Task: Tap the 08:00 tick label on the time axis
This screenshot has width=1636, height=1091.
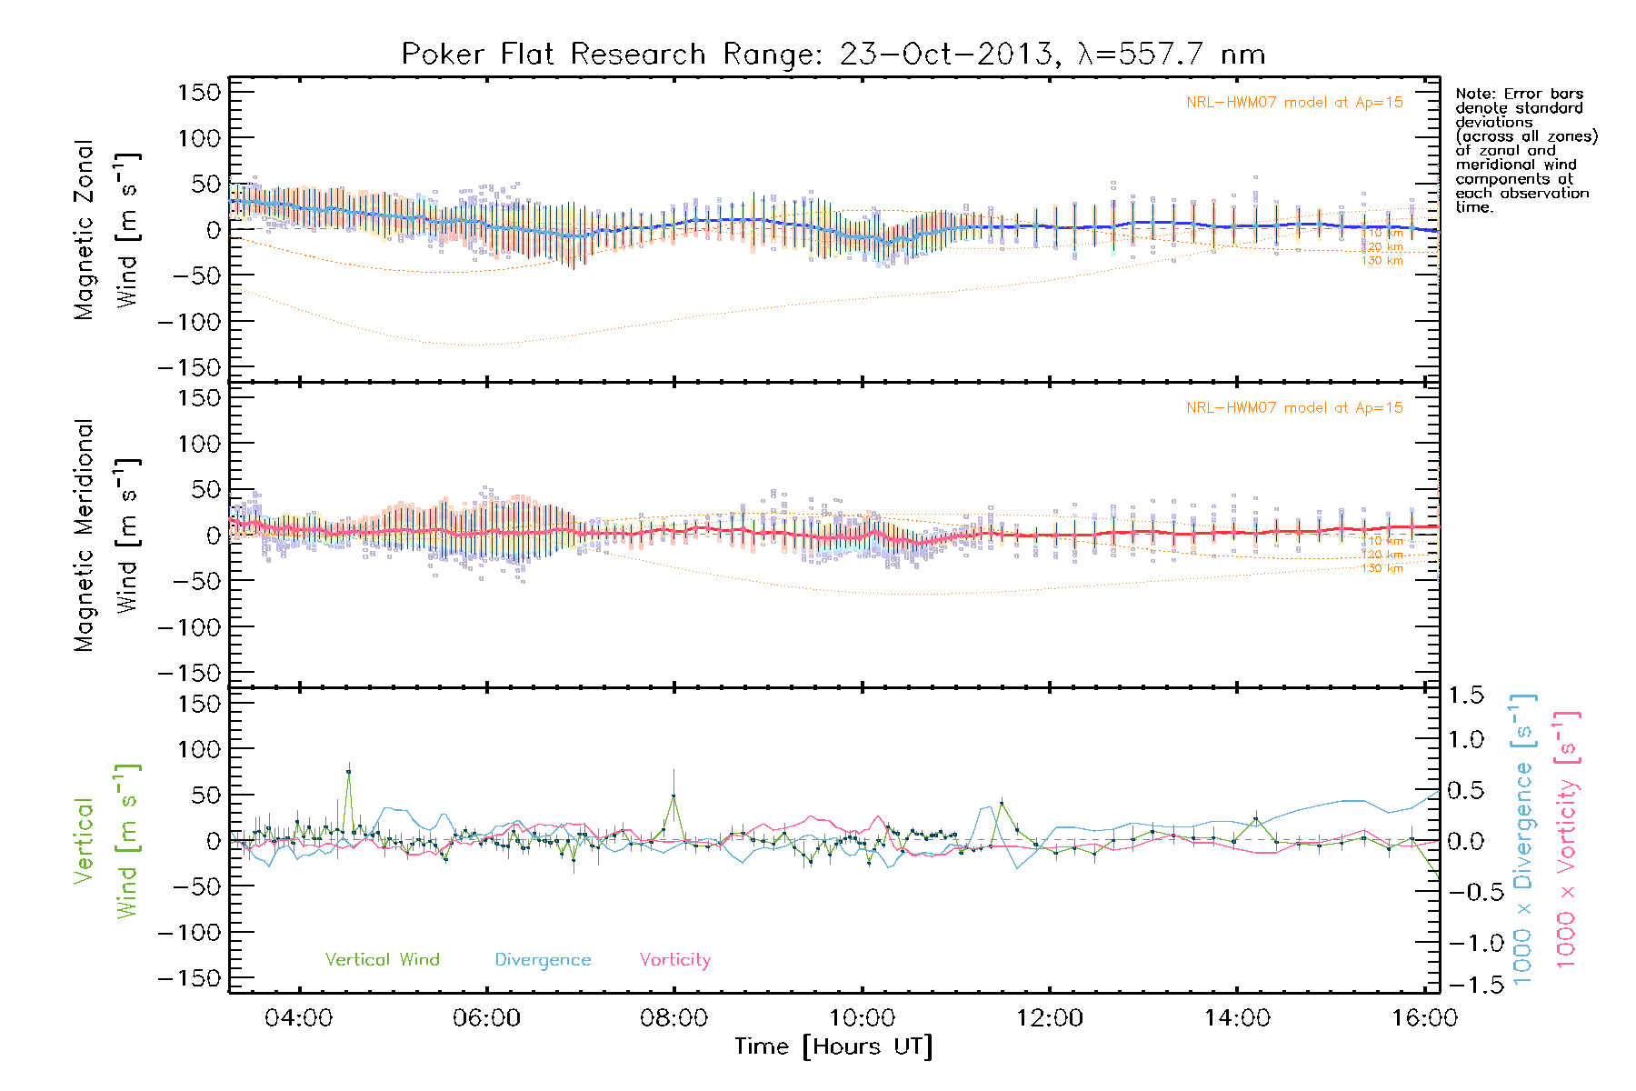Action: click(x=673, y=1017)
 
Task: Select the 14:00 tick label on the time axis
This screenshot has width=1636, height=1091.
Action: click(x=1237, y=1017)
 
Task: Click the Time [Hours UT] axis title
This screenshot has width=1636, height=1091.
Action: click(x=833, y=1046)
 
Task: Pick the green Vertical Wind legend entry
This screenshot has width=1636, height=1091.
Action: click(x=382, y=959)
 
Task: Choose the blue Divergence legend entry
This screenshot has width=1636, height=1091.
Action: click(x=543, y=959)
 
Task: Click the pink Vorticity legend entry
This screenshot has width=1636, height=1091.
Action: click(x=674, y=959)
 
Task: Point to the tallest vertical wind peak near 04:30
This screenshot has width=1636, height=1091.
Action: click(x=348, y=772)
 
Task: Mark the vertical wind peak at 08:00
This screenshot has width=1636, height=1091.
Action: click(x=673, y=796)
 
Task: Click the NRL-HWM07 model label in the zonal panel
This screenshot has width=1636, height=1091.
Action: click(x=1294, y=103)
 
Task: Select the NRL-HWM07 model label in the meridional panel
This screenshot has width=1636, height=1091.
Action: click(x=1294, y=408)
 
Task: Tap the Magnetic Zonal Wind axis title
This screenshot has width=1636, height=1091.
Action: click(x=107, y=229)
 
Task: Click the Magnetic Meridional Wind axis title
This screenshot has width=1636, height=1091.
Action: click(x=107, y=535)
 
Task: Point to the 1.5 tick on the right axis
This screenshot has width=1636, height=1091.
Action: click(x=1465, y=696)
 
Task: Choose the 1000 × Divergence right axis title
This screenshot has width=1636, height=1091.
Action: click(x=1522, y=841)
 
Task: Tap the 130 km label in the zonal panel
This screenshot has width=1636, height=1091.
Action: click(x=1382, y=261)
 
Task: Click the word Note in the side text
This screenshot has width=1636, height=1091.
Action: click(x=1473, y=94)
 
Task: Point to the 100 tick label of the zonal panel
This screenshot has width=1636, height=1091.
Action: click(x=199, y=138)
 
